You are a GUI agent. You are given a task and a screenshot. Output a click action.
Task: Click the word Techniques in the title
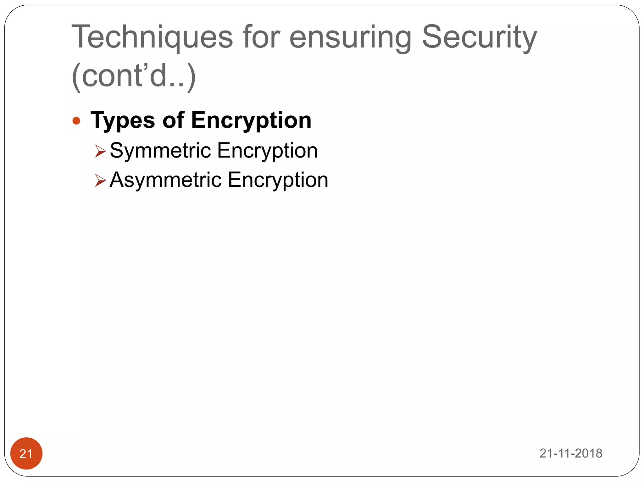click(152, 38)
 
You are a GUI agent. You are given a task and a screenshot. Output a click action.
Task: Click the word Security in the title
click(479, 38)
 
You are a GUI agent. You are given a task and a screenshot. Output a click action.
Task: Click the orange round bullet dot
click(76, 121)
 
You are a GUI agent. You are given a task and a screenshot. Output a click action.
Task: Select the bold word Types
click(123, 121)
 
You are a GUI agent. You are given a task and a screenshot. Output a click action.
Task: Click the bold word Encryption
click(251, 121)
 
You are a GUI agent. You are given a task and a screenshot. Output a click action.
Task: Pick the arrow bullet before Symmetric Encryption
click(100, 151)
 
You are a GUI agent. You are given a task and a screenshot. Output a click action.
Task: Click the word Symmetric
click(160, 151)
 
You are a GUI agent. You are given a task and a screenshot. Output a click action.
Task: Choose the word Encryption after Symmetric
click(267, 151)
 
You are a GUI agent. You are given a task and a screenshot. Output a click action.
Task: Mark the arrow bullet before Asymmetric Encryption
click(100, 180)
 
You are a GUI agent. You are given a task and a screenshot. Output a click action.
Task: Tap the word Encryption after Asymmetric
click(278, 180)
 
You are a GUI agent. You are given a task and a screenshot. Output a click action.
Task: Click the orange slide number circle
click(26, 453)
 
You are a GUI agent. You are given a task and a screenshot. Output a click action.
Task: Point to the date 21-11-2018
click(571, 453)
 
